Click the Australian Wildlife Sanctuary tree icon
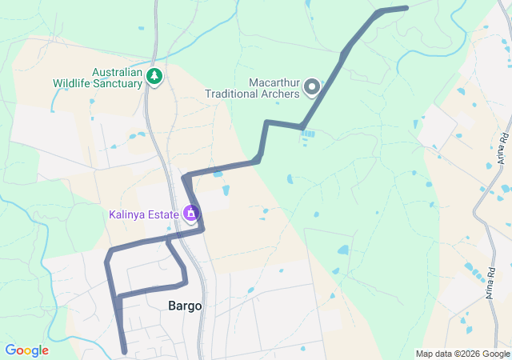pyautogui.click(x=154, y=77)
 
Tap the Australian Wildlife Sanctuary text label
pyautogui.click(x=97, y=77)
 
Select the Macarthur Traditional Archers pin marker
pyautogui.click(x=313, y=86)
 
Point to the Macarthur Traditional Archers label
pyautogui.click(x=252, y=87)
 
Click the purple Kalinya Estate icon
pyautogui.click(x=190, y=214)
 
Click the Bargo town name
pyautogui.click(x=185, y=306)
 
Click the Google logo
pyautogui.click(x=26, y=350)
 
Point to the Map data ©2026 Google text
pyautogui.click(x=462, y=354)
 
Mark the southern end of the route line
pyautogui.click(x=125, y=351)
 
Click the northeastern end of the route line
pyautogui.click(x=406, y=8)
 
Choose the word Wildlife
pyautogui.click(x=72, y=82)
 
